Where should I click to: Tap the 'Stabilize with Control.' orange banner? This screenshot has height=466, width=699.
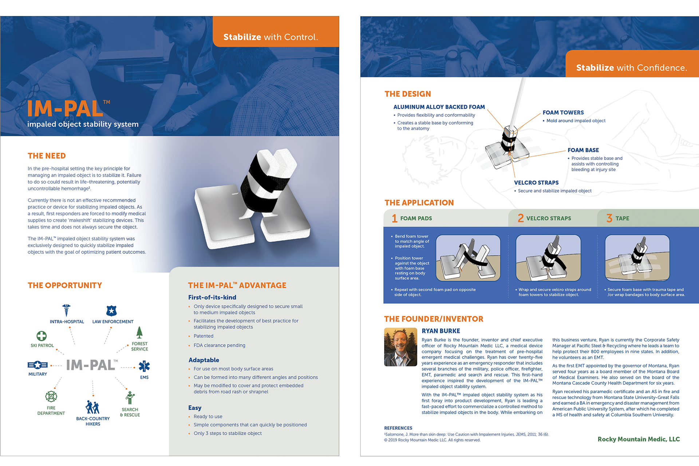(x=270, y=37)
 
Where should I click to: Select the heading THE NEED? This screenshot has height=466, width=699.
(x=47, y=156)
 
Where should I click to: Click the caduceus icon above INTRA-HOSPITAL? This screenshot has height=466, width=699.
(x=66, y=311)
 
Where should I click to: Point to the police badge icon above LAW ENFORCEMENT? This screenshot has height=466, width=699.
(x=111, y=311)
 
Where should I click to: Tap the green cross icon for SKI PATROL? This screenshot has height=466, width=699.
(x=42, y=336)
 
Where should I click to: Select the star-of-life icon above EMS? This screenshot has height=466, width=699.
(x=144, y=366)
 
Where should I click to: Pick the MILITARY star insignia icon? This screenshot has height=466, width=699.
(x=37, y=365)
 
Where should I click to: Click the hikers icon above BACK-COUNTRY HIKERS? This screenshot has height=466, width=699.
(x=92, y=407)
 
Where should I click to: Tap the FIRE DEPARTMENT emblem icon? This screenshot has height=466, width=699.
(x=51, y=396)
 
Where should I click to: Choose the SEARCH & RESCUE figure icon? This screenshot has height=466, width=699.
(x=130, y=398)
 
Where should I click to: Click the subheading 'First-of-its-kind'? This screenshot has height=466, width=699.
(x=212, y=297)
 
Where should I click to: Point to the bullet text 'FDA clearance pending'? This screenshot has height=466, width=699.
(x=220, y=345)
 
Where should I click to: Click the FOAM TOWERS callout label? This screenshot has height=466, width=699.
(x=563, y=113)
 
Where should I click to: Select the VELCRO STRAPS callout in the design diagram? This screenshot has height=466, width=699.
(x=536, y=183)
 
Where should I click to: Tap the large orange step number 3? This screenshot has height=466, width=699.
(x=609, y=218)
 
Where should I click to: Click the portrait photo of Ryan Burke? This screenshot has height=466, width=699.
(x=400, y=347)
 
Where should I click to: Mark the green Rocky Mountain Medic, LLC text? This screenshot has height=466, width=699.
(x=639, y=439)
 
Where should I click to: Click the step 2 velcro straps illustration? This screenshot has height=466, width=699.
(x=548, y=258)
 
